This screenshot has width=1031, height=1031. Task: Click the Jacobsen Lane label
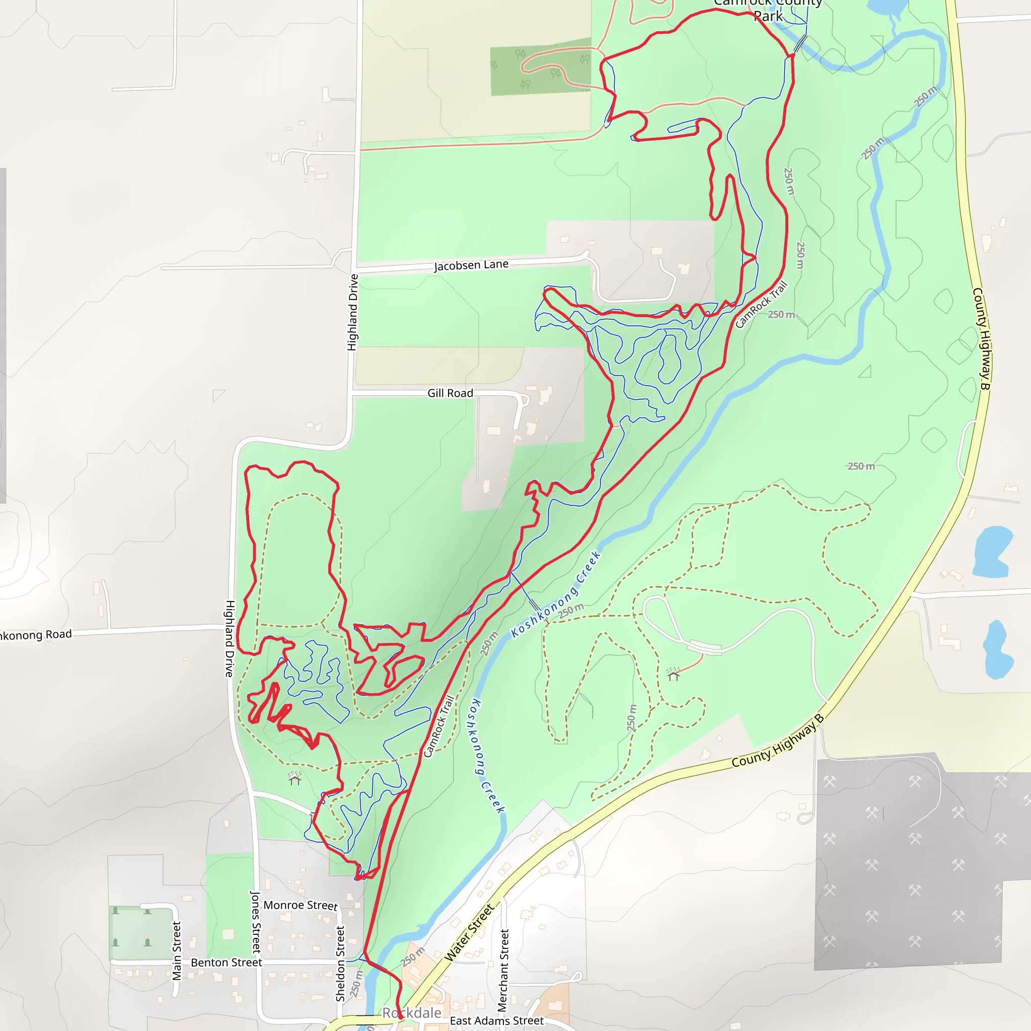click(471, 265)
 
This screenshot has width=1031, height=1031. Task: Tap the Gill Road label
click(450, 393)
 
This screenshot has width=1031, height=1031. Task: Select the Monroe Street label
click(301, 905)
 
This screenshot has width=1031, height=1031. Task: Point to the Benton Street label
click(226, 962)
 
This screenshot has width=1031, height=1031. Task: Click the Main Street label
click(177, 950)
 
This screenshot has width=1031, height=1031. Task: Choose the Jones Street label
click(256, 922)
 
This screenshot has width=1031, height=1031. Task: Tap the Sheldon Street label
click(340, 963)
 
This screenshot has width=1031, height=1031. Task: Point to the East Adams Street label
click(496, 1020)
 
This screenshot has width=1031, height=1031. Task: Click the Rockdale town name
click(411, 1013)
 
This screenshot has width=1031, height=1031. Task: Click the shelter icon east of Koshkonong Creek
click(674, 675)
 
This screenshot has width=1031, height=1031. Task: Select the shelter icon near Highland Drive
click(295, 779)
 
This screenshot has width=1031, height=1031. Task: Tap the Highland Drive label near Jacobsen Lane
click(353, 312)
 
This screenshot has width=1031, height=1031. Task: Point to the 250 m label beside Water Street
click(413, 957)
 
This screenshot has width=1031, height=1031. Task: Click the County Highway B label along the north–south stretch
click(981, 338)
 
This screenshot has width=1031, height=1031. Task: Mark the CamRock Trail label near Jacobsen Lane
click(761, 304)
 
